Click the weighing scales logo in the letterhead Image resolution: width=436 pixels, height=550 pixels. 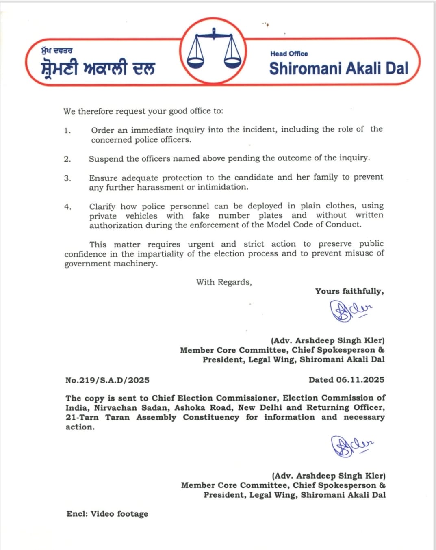coord(214,51)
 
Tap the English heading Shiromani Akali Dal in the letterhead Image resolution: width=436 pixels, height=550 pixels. coord(338,68)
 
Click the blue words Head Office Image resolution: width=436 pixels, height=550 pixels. coord(289,54)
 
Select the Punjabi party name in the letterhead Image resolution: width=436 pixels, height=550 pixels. coord(98,68)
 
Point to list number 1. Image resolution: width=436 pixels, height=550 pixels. coord(67,131)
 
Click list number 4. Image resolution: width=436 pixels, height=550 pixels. coord(67,207)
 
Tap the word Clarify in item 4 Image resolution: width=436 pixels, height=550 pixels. coord(102,206)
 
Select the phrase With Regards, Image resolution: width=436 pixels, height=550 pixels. coord(224,282)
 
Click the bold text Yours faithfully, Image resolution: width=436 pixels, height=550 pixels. coord(349,291)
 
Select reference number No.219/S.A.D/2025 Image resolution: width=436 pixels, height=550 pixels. coord(107,380)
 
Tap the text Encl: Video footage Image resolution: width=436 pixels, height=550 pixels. coord(107,514)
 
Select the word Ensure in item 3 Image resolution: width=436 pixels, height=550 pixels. coord(103,178)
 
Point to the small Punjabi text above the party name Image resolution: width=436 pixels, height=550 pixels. coord(56,51)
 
